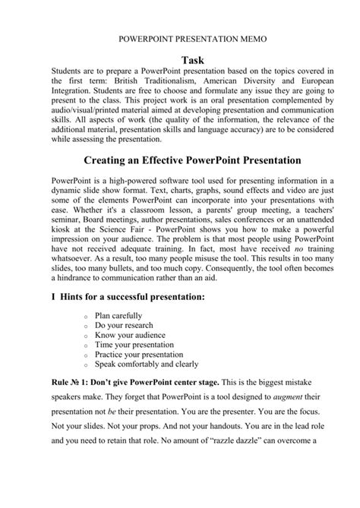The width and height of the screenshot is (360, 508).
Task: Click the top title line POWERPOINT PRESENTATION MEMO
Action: tap(180, 36)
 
